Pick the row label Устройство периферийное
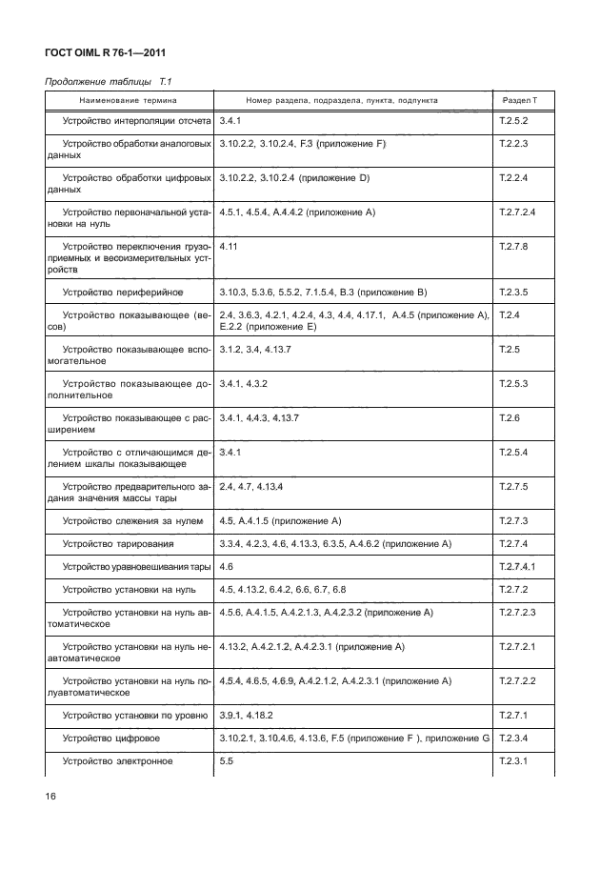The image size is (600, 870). click(123, 291)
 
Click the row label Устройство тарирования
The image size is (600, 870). click(118, 544)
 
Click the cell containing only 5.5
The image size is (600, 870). click(226, 761)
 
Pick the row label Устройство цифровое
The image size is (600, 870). click(110, 738)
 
